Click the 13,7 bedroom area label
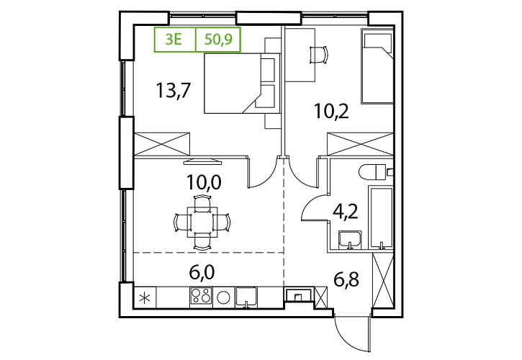173,91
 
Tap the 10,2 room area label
332,111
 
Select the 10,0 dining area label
204,182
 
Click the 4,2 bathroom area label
346,211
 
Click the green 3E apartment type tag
174,40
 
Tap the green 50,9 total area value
218,40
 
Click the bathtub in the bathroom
381,217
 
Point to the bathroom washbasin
349,240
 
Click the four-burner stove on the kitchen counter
201,296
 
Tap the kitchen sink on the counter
246,297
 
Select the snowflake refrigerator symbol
145,297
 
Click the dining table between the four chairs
202,222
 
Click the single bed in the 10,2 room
377,66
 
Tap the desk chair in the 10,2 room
319,54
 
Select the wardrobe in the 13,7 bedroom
162,144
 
